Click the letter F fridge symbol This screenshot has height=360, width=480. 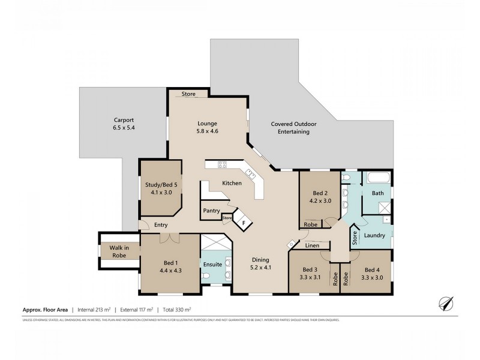click(x=243, y=223)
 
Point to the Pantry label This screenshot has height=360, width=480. click(x=211, y=211)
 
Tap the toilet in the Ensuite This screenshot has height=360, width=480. click(x=206, y=275)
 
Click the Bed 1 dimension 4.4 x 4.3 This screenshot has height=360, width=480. click(x=170, y=271)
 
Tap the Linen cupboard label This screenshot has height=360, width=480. click(x=312, y=245)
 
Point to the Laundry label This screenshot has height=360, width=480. click(x=374, y=236)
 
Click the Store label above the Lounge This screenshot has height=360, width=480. click(x=188, y=94)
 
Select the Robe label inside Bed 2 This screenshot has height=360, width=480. click(x=311, y=224)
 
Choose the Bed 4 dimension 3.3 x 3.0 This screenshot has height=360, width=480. click(x=373, y=277)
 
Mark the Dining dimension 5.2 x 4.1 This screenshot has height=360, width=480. click(x=260, y=268)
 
